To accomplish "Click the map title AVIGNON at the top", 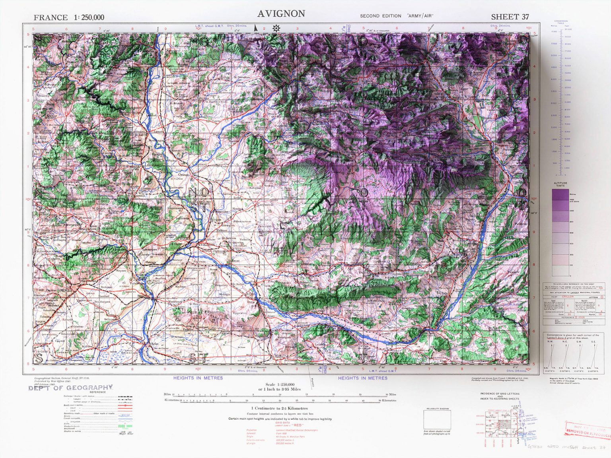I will point(281,14).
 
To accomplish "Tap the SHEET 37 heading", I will point(510,17).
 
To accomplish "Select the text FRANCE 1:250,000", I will point(69,17).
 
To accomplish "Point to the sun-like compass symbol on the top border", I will point(276,28).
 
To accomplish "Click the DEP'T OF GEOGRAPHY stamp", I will point(71,388).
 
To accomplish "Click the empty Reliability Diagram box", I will point(437,419).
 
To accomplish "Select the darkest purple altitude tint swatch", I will point(560,194).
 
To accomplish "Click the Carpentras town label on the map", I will point(266,204).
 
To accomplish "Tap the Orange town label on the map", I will point(183,175).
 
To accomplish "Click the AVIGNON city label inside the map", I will point(206,245).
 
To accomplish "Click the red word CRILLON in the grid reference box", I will point(568,297).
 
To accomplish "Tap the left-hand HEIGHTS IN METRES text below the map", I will point(198,378).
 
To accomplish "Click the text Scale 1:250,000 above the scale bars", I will point(280,384).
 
